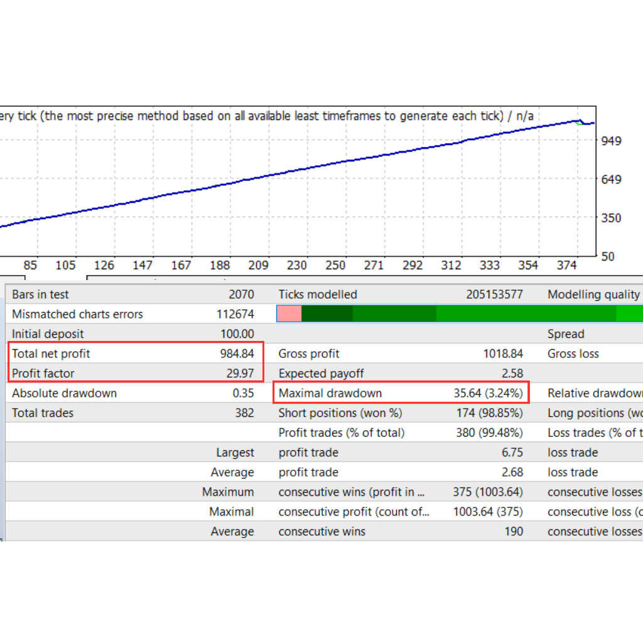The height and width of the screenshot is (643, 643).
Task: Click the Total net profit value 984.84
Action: coord(237,354)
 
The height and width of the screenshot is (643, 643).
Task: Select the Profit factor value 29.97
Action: coord(240,374)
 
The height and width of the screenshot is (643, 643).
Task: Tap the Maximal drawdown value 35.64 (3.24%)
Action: coord(488,393)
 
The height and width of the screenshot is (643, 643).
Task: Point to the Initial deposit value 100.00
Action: coord(237,334)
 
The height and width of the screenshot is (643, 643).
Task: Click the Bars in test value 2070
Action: coord(242,294)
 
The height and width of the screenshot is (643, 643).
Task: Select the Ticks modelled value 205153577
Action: coord(494,294)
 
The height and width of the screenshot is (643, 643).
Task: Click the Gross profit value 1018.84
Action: coord(502,354)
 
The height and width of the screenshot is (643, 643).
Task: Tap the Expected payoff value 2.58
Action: coord(512,374)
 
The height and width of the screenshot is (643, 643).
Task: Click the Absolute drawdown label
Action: coord(64,393)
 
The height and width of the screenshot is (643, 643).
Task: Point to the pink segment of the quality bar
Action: coord(289,314)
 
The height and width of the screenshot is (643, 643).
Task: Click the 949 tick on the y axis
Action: coord(611,140)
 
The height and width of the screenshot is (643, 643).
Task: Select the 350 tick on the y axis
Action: coord(611,218)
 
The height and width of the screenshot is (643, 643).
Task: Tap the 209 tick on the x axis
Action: coord(259,266)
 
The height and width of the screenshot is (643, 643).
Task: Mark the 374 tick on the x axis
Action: coord(566,266)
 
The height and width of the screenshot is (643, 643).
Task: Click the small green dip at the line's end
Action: coord(579,123)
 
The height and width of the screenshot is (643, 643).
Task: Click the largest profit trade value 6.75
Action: coord(512,452)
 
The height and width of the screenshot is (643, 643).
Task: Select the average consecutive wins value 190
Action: coord(513,531)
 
